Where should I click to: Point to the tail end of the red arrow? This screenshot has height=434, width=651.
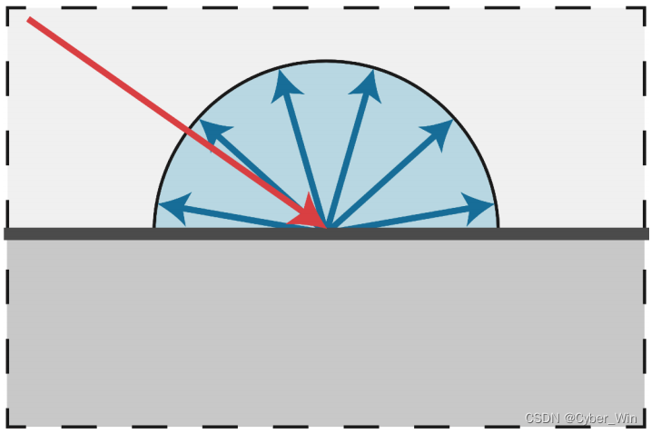point(29,19)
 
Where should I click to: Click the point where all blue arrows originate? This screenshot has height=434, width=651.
point(327,227)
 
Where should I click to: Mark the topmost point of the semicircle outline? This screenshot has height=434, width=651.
point(326,61)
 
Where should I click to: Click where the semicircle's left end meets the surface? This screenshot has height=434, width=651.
point(154,227)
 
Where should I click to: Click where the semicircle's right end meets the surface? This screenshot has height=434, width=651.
point(498,227)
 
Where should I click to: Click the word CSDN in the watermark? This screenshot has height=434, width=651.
point(541,418)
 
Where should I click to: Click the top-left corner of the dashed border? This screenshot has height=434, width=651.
point(8,7)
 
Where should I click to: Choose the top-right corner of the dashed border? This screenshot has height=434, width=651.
point(642,7)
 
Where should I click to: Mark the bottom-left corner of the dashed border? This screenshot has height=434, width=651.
point(8,425)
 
